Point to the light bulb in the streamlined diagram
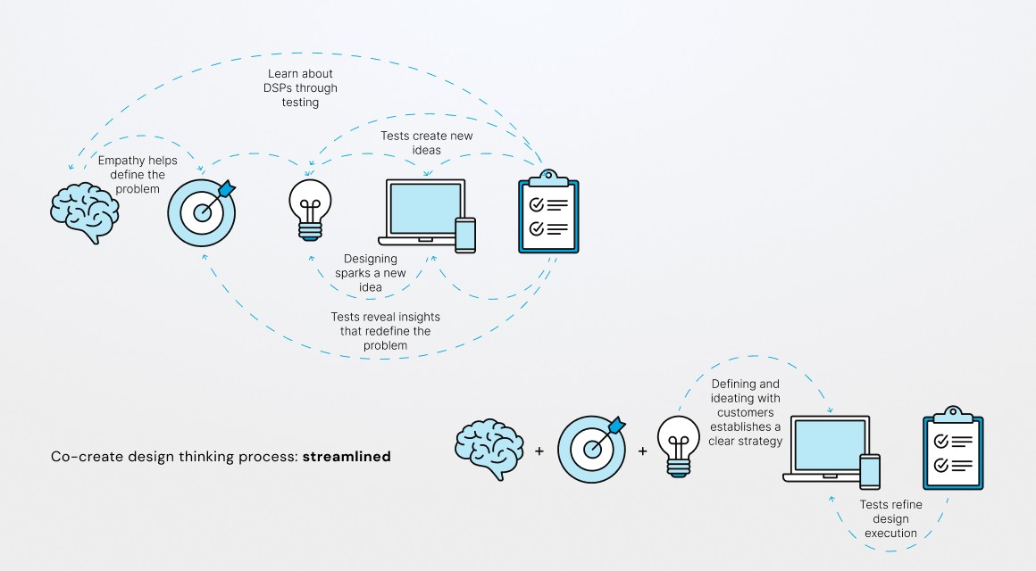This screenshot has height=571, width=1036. point(679,445)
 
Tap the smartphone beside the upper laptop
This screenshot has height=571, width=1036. point(465,235)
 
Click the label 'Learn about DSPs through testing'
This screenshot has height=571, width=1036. point(302,88)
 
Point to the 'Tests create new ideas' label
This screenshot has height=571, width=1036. point(427,143)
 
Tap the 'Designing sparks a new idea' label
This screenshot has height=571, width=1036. point(371,273)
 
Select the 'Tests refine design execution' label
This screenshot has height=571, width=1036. point(890,518)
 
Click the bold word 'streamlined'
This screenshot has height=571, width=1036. point(346,457)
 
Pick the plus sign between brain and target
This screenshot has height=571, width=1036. point(539,451)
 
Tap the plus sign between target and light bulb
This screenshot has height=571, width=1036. point(642,451)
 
